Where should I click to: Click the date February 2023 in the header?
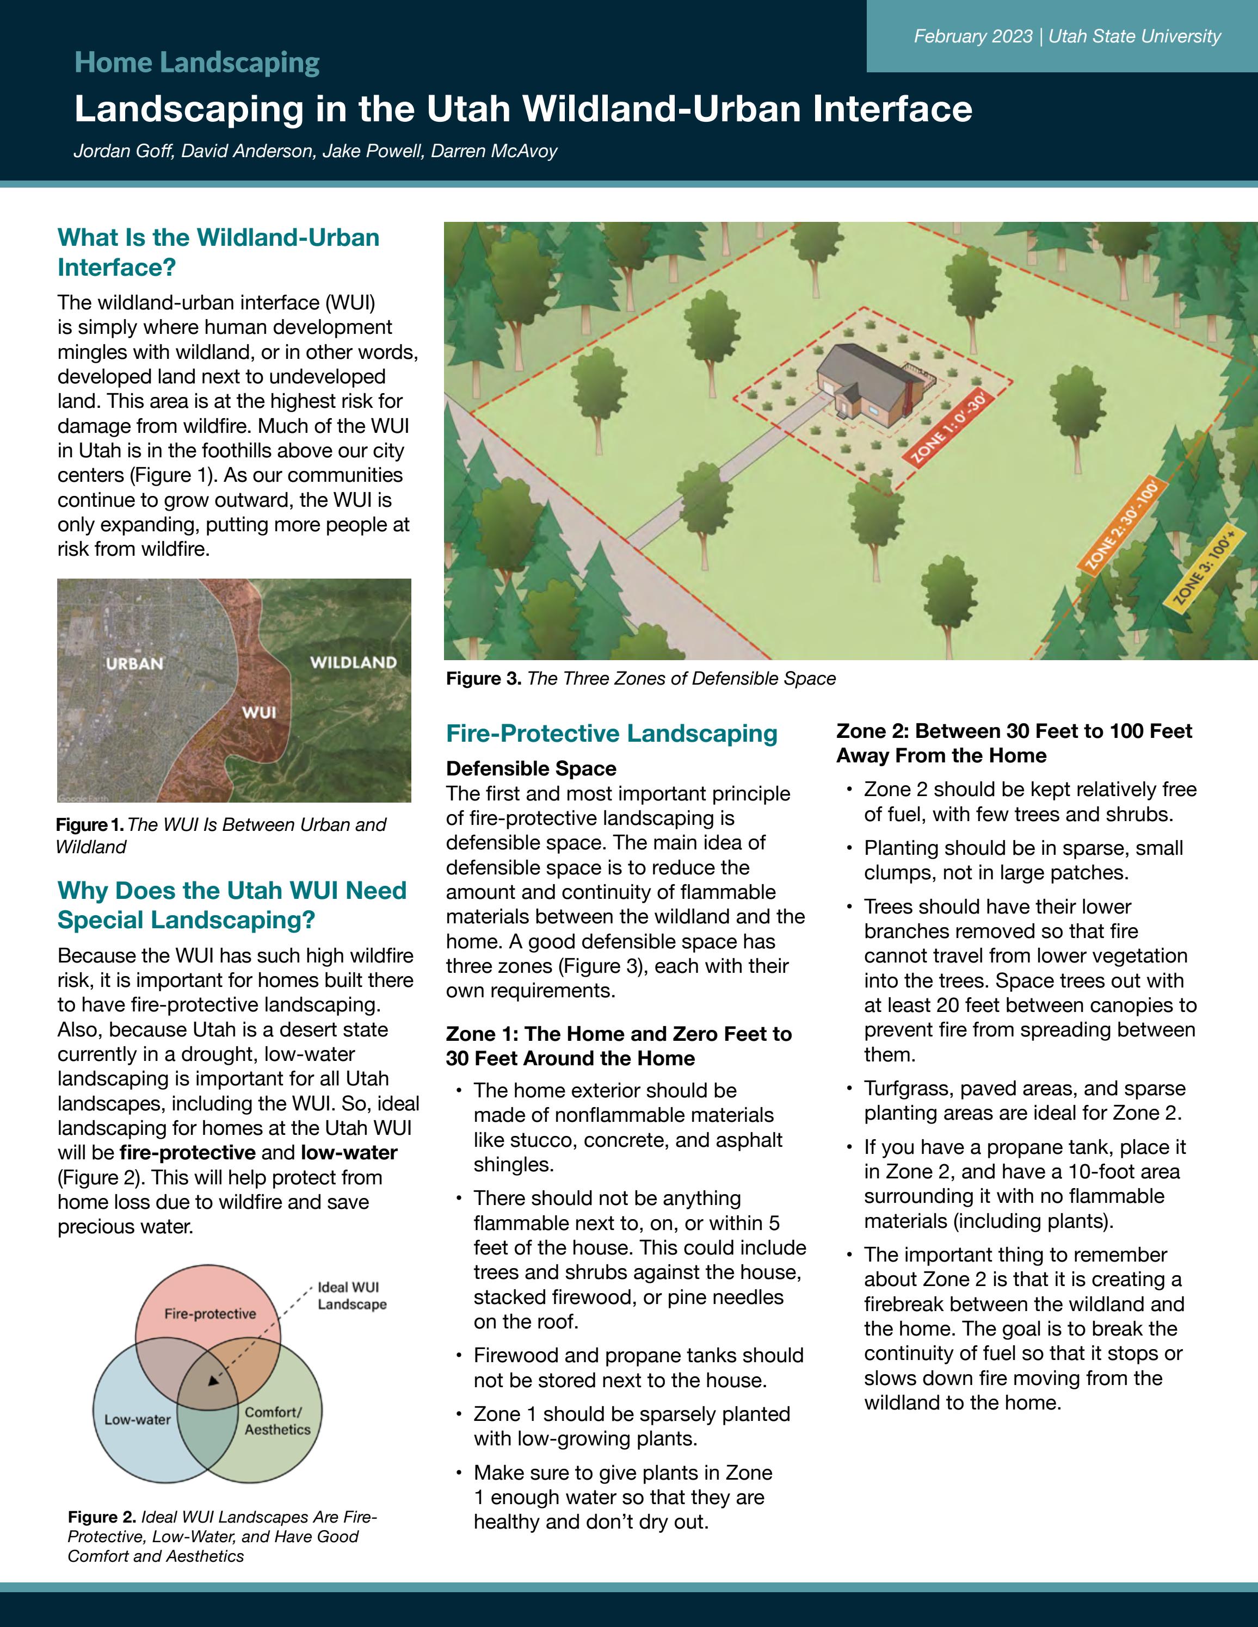(972, 36)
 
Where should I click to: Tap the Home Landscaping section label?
(197, 63)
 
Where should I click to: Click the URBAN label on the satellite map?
(135, 663)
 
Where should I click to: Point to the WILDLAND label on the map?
(353, 662)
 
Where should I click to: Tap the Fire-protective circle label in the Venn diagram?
(210, 1313)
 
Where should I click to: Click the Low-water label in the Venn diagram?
(137, 1419)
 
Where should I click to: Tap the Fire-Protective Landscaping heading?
(611, 733)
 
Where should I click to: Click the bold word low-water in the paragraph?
(349, 1152)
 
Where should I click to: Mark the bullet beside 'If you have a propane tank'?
(849, 1147)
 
